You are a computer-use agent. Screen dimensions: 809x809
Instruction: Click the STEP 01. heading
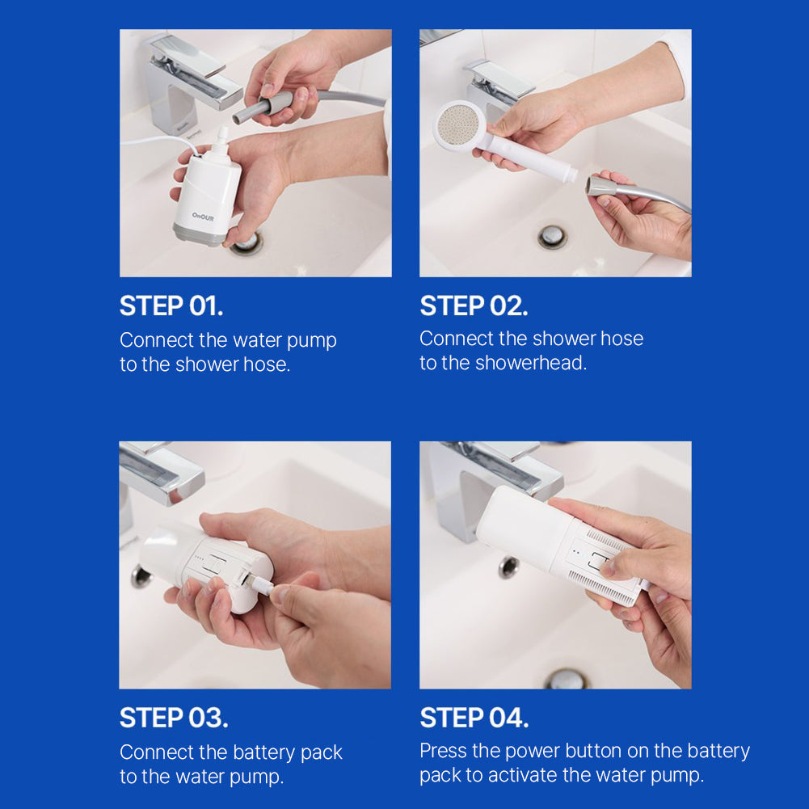click(x=171, y=306)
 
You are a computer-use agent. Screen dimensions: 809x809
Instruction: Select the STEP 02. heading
click(x=474, y=306)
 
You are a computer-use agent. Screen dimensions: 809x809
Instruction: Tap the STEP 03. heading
click(x=174, y=718)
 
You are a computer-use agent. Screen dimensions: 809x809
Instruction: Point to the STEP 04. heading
click(x=474, y=718)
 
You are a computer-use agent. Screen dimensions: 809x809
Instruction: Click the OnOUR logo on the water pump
click(x=204, y=217)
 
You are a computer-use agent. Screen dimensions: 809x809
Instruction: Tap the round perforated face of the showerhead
click(x=457, y=126)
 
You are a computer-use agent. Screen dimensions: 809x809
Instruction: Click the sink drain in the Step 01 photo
click(x=246, y=242)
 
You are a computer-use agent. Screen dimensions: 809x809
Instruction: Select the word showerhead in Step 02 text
click(x=529, y=364)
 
